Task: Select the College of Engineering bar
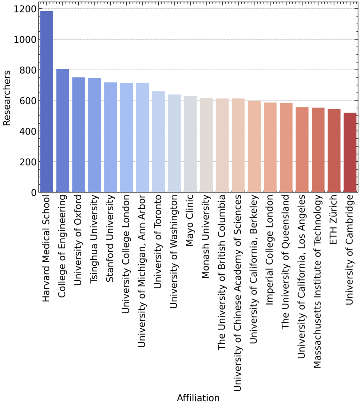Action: (x=63, y=131)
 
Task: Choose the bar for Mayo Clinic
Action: (x=190, y=144)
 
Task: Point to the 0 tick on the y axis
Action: (x=34, y=193)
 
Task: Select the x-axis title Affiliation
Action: (x=198, y=397)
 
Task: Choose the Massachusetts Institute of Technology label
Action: (x=318, y=281)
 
